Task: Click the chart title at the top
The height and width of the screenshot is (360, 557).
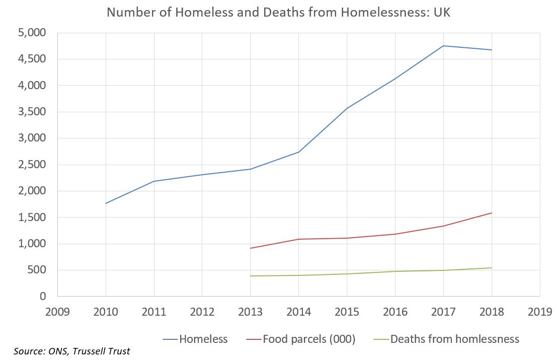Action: click(x=278, y=12)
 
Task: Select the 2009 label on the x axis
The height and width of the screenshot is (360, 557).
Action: click(x=57, y=312)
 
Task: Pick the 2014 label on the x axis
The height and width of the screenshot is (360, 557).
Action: click(x=298, y=312)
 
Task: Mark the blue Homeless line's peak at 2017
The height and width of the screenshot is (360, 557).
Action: click(x=443, y=46)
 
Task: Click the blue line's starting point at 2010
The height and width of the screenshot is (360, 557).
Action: click(x=106, y=203)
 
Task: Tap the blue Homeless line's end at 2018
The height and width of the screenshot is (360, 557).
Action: click(x=492, y=50)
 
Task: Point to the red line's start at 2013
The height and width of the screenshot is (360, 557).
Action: click(x=250, y=248)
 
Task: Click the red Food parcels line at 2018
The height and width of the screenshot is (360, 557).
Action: click(x=492, y=213)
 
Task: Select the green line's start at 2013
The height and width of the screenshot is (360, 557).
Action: click(x=250, y=276)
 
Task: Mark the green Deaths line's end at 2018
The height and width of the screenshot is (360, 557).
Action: click(x=492, y=268)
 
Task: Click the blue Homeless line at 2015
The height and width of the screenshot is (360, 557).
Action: click(x=347, y=108)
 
